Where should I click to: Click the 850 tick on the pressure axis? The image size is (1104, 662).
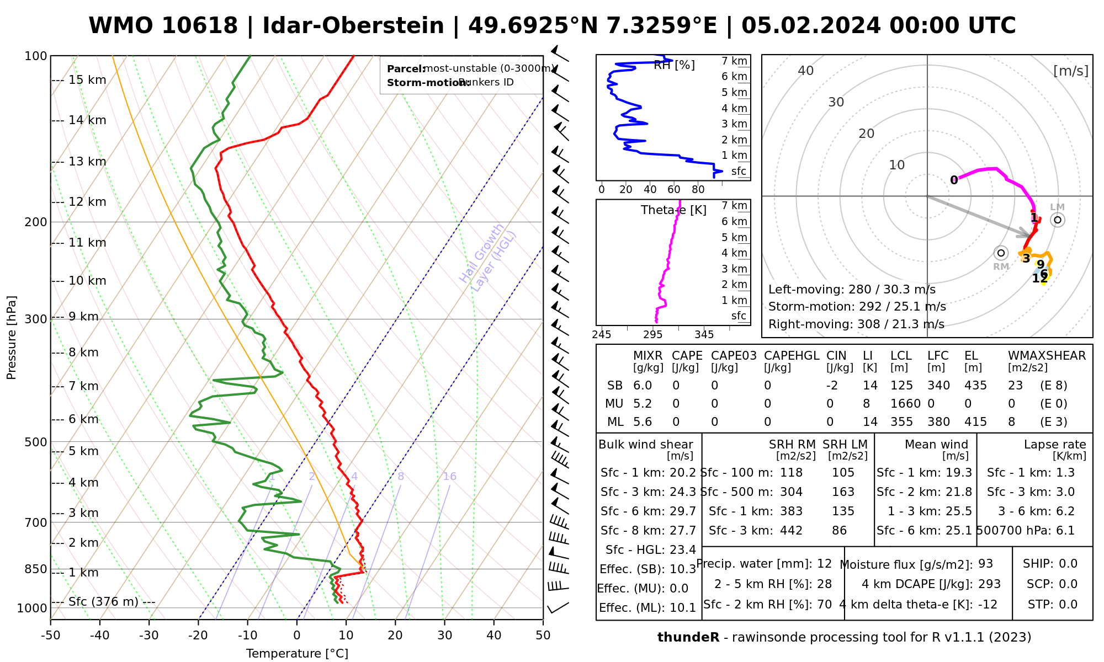pyautogui.click(x=36, y=569)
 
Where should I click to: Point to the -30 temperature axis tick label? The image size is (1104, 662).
pyautogui.click(x=148, y=635)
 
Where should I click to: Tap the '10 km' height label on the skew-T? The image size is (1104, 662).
pyautogui.click(x=87, y=281)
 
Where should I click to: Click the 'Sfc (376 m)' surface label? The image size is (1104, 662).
pyautogui.click(x=103, y=601)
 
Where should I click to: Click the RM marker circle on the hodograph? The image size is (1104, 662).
pyautogui.click(x=1001, y=253)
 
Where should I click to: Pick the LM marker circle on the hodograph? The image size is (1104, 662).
pyautogui.click(x=1057, y=220)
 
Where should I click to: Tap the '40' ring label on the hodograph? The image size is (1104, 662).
pyautogui.click(x=806, y=71)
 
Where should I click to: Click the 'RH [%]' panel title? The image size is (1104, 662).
pyautogui.click(x=674, y=65)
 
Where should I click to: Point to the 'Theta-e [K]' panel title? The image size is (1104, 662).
pyautogui.click(x=673, y=210)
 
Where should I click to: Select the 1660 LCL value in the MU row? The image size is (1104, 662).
pyautogui.click(x=905, y=404)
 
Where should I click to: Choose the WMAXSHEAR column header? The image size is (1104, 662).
pyautogui.click(x=1047, y=356)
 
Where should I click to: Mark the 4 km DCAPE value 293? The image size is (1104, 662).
pyautogui.click(x=989, y=584)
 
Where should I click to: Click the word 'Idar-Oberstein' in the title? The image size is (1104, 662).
pyautogui.click(x=353, y=26)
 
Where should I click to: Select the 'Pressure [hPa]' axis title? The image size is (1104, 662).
pyautogui.click(x=12, y=338)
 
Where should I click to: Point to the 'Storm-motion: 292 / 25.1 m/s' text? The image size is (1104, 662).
pyautogui.click(x=857, y=307)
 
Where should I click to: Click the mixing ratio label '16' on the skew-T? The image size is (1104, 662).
pyautogui.click(x=449, y=477)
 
